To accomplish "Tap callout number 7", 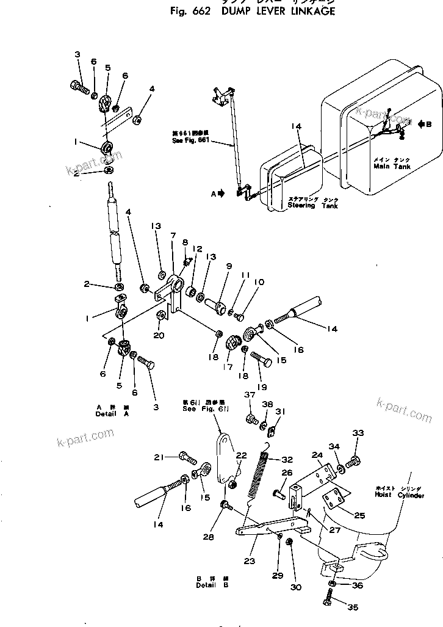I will tap(173, 236).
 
